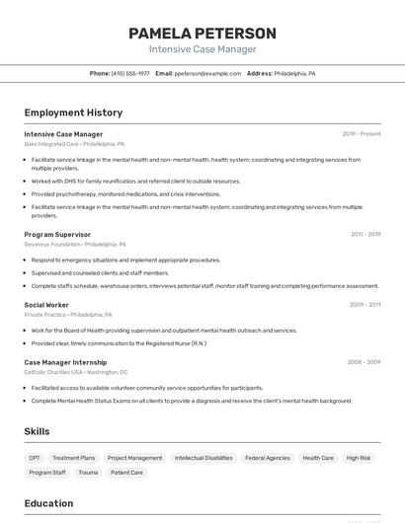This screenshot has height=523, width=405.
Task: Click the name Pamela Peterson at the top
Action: coord(202,34)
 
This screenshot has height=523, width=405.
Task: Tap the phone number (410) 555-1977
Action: coord(130,73)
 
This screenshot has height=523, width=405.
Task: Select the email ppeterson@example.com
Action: coord(207,73)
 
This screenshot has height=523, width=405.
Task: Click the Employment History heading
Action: coord(73,112)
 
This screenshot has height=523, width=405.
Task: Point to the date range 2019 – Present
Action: coord(362,134)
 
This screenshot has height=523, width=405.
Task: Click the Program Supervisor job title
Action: coord(57,235)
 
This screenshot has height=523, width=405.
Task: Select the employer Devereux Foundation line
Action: coord(75,244)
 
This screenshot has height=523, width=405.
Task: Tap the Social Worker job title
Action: coord(46,305)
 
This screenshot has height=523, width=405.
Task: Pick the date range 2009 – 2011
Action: coord(364,305)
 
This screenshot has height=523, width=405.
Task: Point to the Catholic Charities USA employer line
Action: coord(76,372)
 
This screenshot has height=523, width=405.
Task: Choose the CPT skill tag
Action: coord(35,458)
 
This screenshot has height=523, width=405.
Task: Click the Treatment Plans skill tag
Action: coord(74,458)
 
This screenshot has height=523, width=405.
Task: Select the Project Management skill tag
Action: coord(134,458)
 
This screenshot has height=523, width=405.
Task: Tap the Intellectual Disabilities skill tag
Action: coord(203,458)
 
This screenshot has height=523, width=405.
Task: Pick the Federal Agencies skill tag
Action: coord(268,458)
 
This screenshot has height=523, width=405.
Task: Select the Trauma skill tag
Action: coord(88,473)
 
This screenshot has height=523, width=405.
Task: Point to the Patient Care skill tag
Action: coord(126,473)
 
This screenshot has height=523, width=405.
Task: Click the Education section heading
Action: coord(48,503)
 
